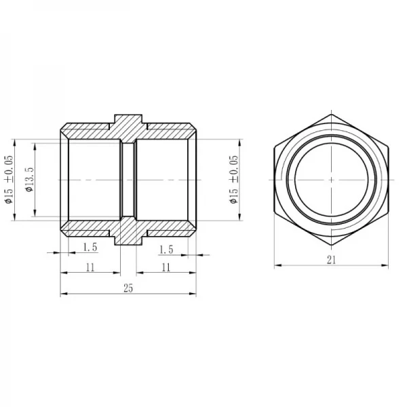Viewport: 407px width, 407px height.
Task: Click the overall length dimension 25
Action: coord(128,288)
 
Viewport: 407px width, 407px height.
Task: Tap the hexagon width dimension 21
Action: coord(331,258)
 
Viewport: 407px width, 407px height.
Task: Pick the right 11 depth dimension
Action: coord(165,267)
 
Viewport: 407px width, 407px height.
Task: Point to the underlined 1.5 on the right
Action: coord(166,250)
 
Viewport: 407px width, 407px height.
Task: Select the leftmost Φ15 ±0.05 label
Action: coord(9,180)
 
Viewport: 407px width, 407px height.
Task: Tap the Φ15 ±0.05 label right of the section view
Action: coord(234,180)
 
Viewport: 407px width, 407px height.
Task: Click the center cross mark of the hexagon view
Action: coord(331,180)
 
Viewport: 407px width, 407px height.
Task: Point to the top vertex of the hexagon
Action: coord(331,115)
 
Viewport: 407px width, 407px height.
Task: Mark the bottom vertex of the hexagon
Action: coord(331,245)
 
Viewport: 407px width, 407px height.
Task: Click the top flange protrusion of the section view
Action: coord(128,121)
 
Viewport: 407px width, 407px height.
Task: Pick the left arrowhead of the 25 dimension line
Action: coord(64,294)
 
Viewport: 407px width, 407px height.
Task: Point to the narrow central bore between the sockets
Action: coord(128,180)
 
